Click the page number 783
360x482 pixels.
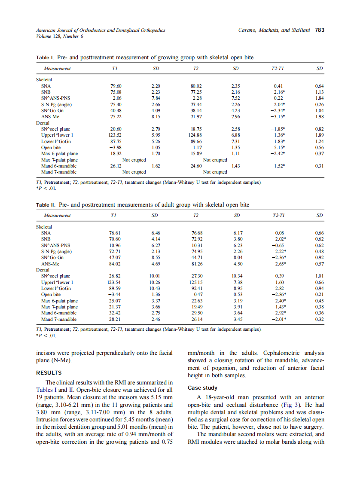pyautogui.click(x=319, y=31)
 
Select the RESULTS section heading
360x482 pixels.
pyautogui.click(x=49, y=372)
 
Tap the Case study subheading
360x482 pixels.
pyautogui.click(x=203, y=388)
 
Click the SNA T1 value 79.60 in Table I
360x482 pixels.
pyautogui.click(x=116, y=85)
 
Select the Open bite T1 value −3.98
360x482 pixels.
pyautogui.click(x=116, y=147)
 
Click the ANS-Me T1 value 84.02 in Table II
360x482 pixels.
pyautogui.click(x=116, y=264)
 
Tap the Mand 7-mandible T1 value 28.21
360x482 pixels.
pyautogui.click(x=116, y=319)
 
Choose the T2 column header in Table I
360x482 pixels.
pyautogui.click(x=195, y=69)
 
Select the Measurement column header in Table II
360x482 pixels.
pyautogui.click(x=57, y=215)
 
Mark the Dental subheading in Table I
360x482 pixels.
pyautogui.click(x=43, y=122)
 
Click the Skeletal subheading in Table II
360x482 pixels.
pyautogui.click(x=44, y=226)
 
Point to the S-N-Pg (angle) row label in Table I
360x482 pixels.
pyautogui.click(x=56, y=104)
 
